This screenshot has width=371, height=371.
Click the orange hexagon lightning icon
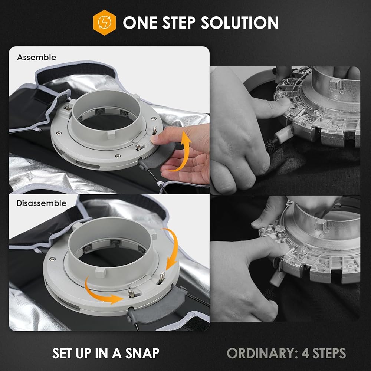coord(104,23)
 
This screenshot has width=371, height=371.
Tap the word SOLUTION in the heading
coord(239,23)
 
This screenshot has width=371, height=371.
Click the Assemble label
coord(37,57)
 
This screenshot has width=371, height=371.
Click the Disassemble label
coord(42,203)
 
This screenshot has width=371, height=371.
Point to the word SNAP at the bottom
coord(142,353)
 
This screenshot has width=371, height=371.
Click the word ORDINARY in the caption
coord(262,353)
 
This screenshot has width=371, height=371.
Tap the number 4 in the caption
coord(305,353)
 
